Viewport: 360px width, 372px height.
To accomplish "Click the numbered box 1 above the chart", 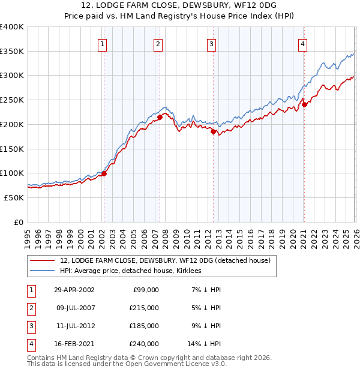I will tap(103, 44).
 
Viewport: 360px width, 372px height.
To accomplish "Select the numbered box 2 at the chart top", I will tap(157, 44).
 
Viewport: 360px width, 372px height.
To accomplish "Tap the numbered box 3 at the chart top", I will tap(212, 44).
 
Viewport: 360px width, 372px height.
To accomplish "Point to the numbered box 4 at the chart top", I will tap(302, 44).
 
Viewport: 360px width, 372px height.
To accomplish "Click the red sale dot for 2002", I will tap(104, 174).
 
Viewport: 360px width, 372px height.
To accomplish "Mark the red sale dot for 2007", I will tap(160, 118).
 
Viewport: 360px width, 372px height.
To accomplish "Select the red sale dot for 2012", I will tap(213, 132).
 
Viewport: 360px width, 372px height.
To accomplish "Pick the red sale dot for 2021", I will tap(304, 104).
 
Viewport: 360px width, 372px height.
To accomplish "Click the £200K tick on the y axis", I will tap(12, 124).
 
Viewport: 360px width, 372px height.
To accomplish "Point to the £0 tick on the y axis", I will tap(18, 222).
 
